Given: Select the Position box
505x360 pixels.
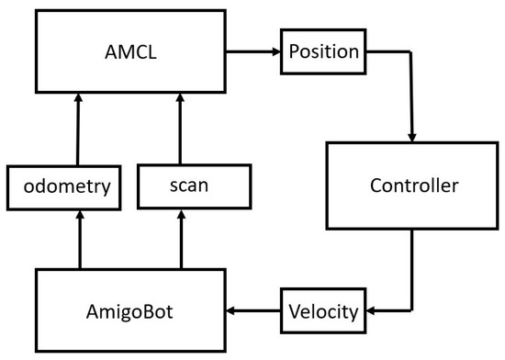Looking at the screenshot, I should tap(323, 51).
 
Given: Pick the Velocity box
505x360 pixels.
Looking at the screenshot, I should tap(322, 311).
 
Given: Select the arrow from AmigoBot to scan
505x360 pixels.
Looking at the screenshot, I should tap(179, 238).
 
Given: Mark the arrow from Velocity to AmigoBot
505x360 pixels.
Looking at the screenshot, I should tap(253, 311).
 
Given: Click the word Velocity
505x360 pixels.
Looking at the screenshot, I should tap(322, 312).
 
